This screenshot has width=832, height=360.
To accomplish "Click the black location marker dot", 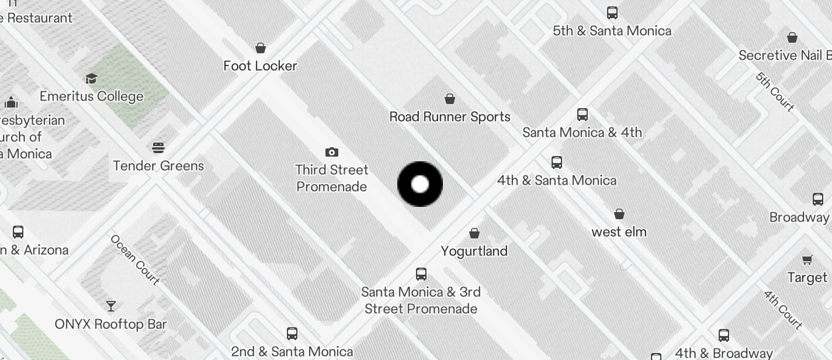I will click(420, 184).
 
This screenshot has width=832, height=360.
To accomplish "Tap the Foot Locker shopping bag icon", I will click(261, 47).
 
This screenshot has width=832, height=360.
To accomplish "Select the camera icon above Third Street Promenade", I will click(332, 152).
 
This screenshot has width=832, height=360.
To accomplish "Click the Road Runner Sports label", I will click(450, 117).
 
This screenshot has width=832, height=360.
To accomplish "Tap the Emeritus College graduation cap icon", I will click(91, 78).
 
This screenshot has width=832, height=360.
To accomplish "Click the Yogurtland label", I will click(474, 251).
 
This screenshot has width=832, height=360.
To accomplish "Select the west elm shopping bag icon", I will click(619, 214).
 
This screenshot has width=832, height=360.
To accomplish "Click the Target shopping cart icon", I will click(807, 259).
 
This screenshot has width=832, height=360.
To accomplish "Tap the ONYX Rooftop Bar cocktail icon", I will click(110, 306).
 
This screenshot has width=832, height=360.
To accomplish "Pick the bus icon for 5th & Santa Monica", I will click(612, 12).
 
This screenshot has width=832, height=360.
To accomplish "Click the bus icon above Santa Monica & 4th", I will click(583, 114).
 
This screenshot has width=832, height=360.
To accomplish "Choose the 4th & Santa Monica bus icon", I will click(557, 162).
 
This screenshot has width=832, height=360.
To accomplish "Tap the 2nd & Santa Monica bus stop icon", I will click(292, 334).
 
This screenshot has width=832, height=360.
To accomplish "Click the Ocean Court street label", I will click(135, 260).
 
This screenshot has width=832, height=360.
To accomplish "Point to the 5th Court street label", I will click(775, 92).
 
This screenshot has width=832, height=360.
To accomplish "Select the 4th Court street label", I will click(783, 310).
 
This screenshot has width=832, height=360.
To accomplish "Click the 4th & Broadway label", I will click(724, 353).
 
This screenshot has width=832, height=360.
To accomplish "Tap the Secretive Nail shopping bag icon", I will click(792, 37).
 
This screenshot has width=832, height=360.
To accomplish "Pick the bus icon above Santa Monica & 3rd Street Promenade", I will click(421, 274).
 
